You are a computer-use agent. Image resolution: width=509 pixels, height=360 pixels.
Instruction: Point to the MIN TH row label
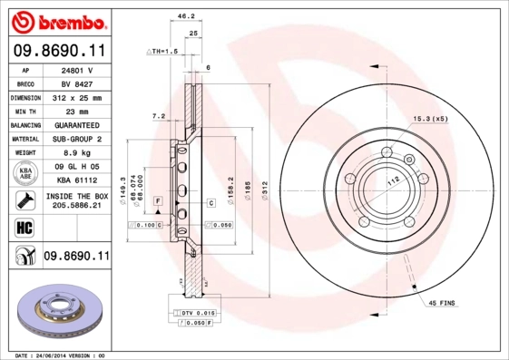[x=24, y=111]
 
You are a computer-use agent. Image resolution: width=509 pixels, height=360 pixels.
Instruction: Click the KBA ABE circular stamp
[x=24, y=174]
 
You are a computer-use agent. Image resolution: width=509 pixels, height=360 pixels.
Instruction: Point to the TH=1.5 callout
[x=163, y=52]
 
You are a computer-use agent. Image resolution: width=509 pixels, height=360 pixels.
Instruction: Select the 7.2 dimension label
[x=158, y=116]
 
